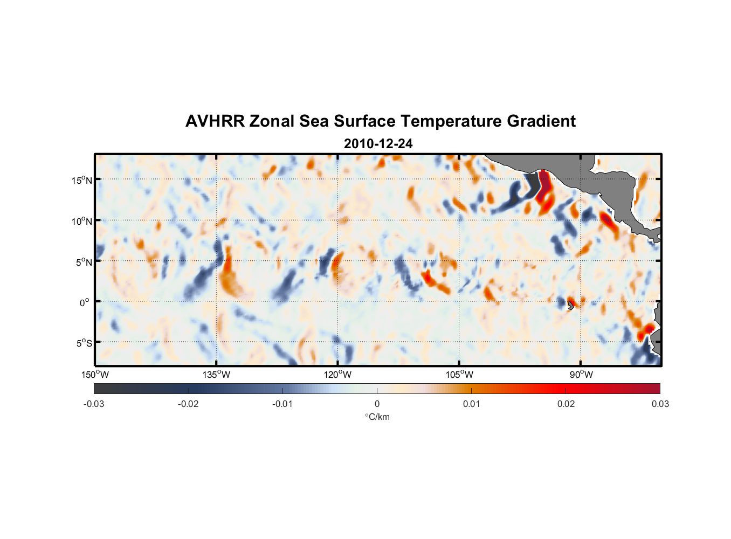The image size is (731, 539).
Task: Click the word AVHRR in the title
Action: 215,121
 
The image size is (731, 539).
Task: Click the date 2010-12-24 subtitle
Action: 378,144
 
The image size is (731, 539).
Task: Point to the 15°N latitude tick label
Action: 82,180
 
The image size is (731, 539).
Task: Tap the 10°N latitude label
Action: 82,221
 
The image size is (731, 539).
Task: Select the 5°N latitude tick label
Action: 84,262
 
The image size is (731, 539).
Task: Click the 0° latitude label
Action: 85,303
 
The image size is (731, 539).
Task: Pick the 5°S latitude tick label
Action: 84,343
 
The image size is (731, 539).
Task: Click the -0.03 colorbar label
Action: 94,404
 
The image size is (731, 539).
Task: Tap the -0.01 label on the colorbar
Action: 282,404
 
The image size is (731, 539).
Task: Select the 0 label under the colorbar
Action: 377,404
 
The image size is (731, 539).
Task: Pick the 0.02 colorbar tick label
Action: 566,404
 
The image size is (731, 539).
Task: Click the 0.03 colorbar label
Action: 660,404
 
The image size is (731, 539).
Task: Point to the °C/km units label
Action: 377,417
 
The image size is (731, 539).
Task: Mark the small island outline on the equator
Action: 570,305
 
